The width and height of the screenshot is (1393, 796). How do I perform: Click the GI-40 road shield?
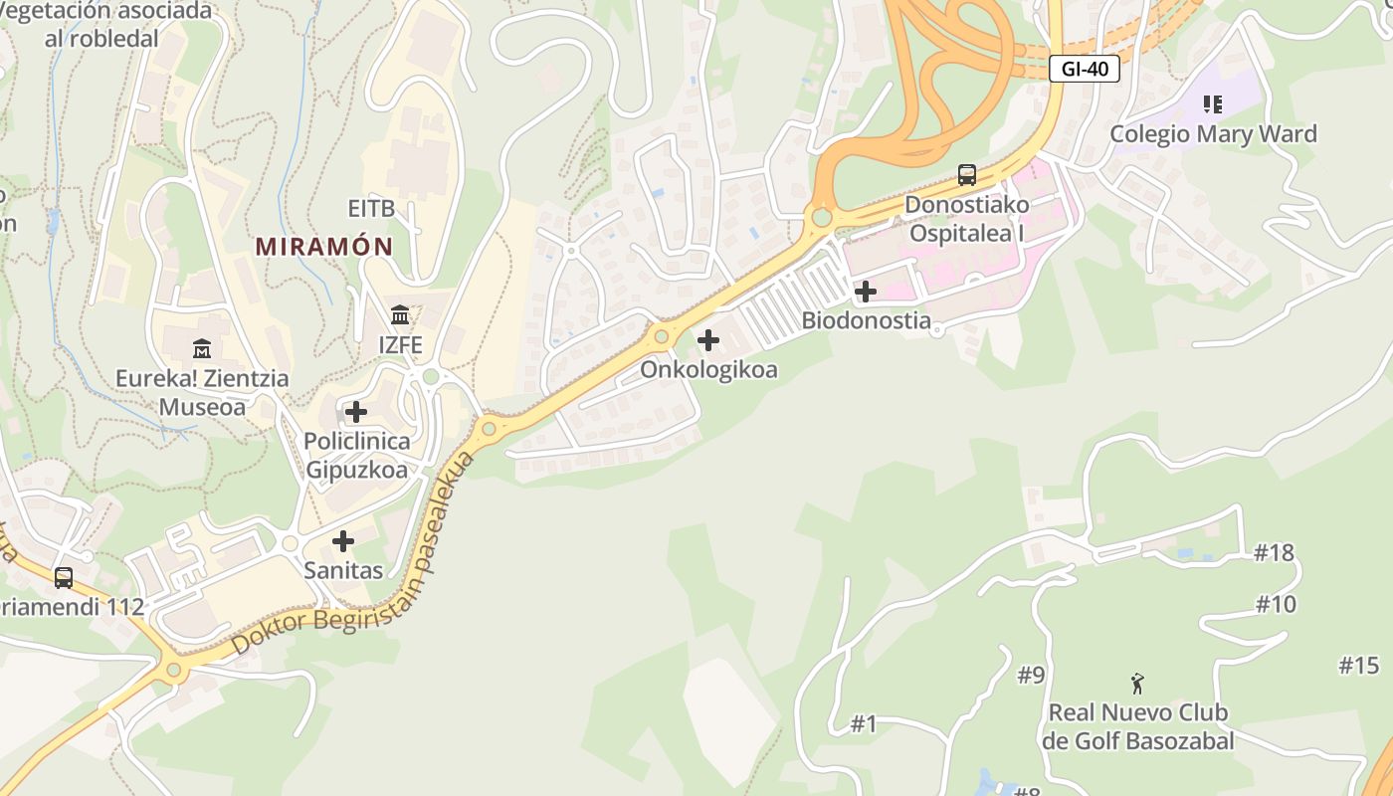click(x=1085, y=69)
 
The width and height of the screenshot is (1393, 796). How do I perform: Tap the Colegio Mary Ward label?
click(x=1213, y=134)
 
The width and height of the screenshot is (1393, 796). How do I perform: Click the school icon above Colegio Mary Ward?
click(x=1213, y=103)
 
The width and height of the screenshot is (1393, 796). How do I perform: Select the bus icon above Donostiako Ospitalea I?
click(x=966, y=175)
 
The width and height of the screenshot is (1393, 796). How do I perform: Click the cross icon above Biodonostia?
click(x=866, y=292)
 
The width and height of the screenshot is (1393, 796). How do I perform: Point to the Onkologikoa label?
click(x=708, y=370)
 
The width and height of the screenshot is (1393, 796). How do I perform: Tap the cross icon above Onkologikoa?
click(x=708, y=340)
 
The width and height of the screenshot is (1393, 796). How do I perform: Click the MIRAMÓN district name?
click(x=324, y=246)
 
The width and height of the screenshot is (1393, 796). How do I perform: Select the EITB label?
click(x=371, y=209)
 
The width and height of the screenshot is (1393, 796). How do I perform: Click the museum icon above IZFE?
click(x=400, y=315)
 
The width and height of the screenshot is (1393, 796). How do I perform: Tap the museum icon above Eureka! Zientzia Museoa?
click(x=202, y=348)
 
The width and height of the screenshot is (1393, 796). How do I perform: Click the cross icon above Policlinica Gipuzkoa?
click(x=355, y=411)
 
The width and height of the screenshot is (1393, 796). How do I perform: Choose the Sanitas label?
click(x=343, y=571)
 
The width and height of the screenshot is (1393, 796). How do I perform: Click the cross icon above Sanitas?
click(x=343, y=541)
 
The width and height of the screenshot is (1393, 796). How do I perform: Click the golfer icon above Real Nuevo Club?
click(x=1137, y=684)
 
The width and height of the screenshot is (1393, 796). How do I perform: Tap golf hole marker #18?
click(x=1274, y=553)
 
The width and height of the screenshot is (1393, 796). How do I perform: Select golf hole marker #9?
click(x=1031, y=676)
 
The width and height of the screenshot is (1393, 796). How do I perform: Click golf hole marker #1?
click(x=864, y=724)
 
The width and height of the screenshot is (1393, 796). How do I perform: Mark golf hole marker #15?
click(x=1359, y=666)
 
